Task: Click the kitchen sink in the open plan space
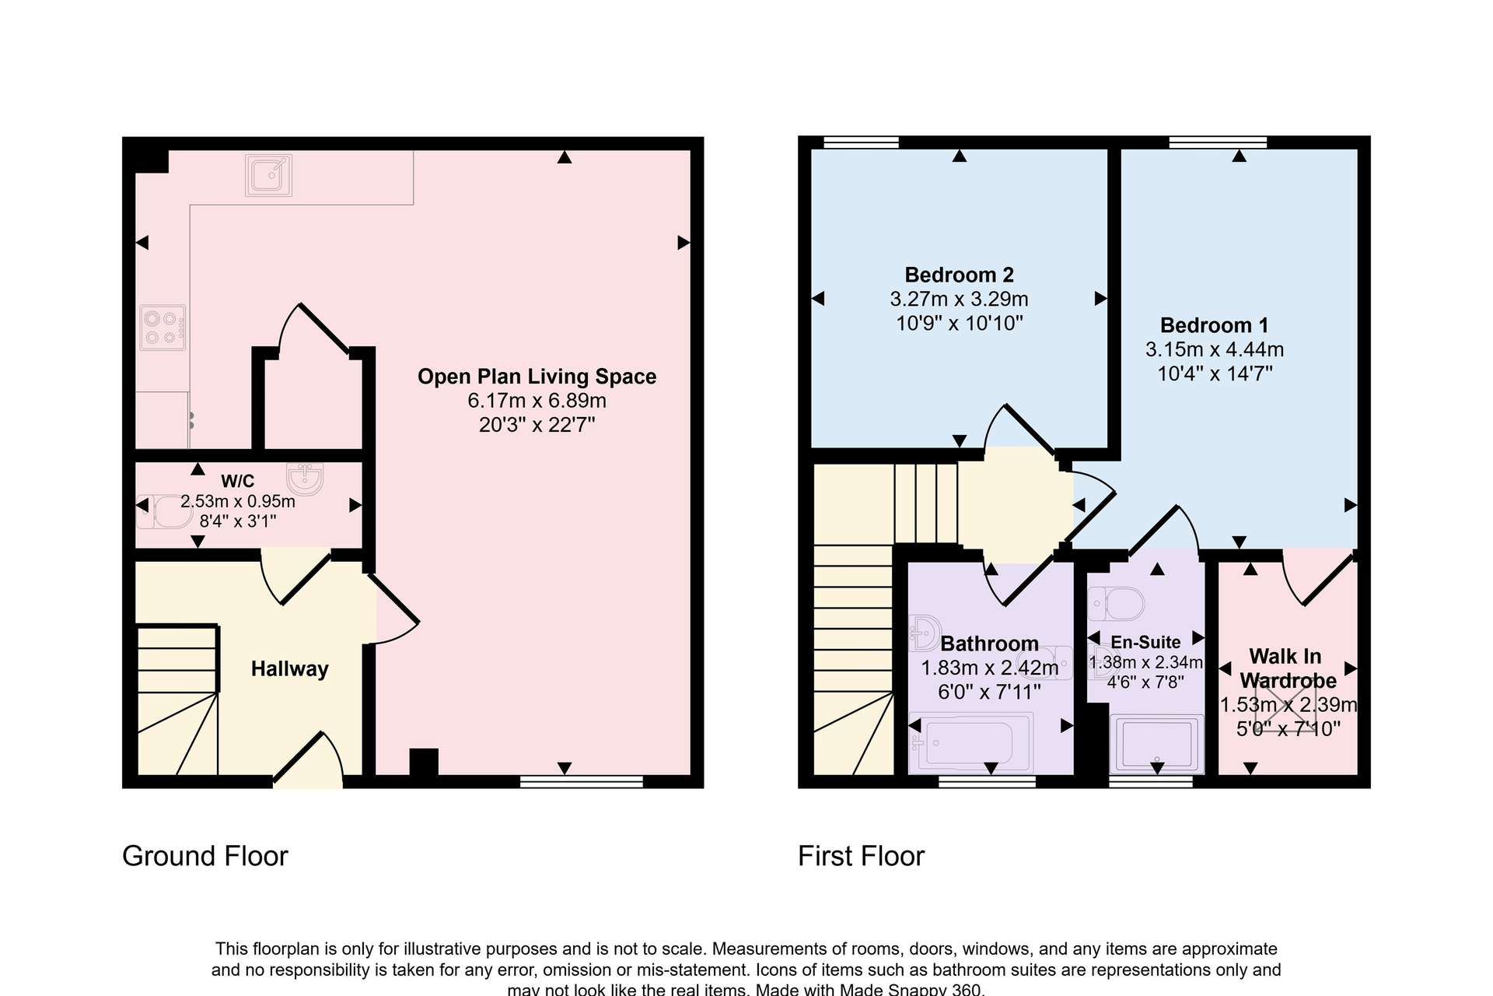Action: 268,174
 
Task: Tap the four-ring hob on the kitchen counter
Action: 163,328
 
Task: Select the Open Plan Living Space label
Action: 537,377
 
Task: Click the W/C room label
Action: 237,481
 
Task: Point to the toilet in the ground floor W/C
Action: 165,511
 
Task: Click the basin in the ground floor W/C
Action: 305,479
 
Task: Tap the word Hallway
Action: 289,669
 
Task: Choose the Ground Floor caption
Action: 205,856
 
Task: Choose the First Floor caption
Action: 861,856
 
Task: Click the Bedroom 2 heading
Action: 959,275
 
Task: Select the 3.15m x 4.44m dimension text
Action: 1215,349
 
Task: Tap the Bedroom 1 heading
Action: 1215,325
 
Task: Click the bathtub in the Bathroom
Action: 971,742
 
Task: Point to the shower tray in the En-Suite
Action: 1156,745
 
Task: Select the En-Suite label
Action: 1145,642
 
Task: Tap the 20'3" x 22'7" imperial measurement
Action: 537,425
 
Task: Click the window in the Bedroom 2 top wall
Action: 861,142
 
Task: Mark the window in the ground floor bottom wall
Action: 582,781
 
